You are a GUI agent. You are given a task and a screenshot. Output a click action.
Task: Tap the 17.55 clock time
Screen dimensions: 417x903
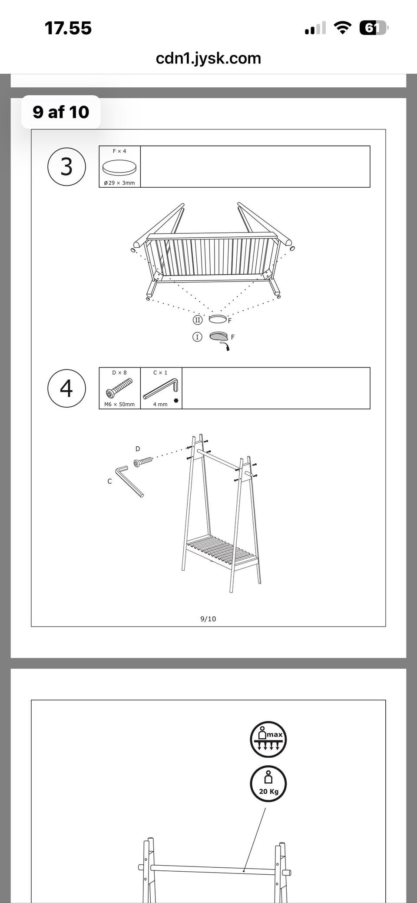(x=68, y=28)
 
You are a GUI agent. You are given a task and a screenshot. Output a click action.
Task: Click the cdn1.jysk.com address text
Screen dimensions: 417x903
(x=208, y=58)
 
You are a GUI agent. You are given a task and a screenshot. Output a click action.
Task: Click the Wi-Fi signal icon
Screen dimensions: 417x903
(x=342, y=28)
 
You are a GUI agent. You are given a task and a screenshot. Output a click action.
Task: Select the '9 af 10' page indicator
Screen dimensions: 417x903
(x=61, y=112)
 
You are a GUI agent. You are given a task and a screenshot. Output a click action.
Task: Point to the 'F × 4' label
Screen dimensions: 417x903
(x=119, y=151)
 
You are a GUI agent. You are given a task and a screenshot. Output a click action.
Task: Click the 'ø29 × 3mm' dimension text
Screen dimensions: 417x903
(x=119, y=183)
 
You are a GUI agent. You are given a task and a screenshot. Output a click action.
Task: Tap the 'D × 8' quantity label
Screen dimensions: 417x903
(x=119, y=373)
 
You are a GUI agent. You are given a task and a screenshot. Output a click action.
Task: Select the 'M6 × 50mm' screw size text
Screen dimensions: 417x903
(x=119, y=405)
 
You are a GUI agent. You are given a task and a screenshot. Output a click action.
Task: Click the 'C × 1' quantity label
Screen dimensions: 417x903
(x=160, y=373)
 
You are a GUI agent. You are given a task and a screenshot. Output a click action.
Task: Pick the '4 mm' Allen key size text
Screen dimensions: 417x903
(x=160, y=405)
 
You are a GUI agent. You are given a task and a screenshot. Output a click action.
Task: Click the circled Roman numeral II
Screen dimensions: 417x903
(x=198, y=320)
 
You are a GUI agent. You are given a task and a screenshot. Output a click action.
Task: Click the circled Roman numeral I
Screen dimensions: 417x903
(x=197, y=337)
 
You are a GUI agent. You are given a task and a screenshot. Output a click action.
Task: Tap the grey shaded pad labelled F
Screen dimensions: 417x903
(x=218, y=336)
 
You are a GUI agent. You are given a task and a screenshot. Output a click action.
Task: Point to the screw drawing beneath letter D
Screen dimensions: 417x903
(x=143, y=461)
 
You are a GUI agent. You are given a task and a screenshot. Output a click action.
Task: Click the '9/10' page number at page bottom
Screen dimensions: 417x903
(x=208, y=619)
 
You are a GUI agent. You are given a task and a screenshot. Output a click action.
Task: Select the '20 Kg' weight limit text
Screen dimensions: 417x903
(x=269, y=791)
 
